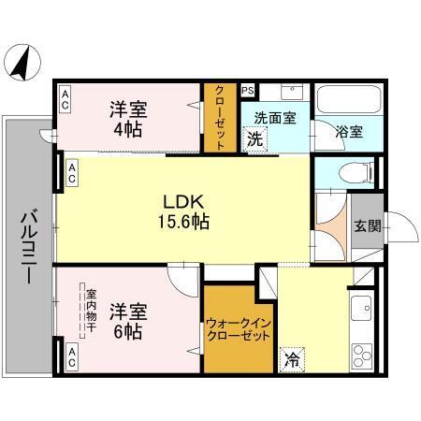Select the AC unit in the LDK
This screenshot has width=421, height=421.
72,172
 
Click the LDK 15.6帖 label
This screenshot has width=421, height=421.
180,210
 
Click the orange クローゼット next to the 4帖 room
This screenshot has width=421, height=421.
220,119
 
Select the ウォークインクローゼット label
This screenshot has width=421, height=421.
238,329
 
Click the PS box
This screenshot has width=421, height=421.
248,91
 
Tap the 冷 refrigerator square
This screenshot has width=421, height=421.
292,358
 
